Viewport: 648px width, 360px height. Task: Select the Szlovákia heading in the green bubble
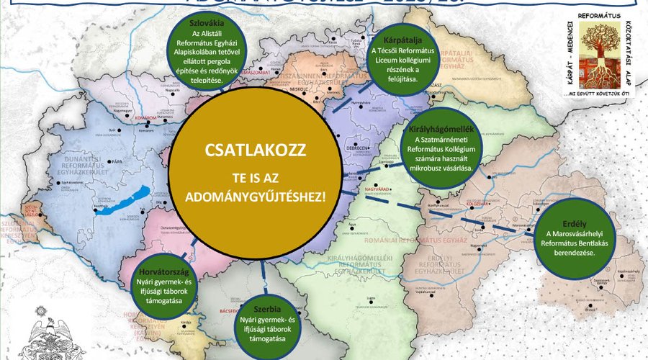[x=204, y=22]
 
